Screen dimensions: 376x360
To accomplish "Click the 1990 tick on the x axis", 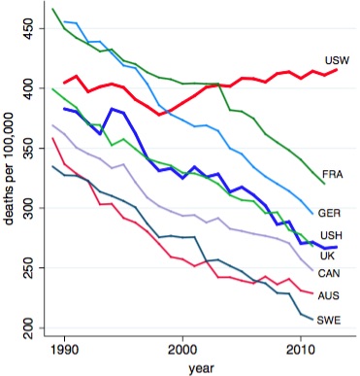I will pyautogui.click(x=65, y=348).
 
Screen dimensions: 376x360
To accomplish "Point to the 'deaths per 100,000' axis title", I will pyautogui.click(x=12, y=181).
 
